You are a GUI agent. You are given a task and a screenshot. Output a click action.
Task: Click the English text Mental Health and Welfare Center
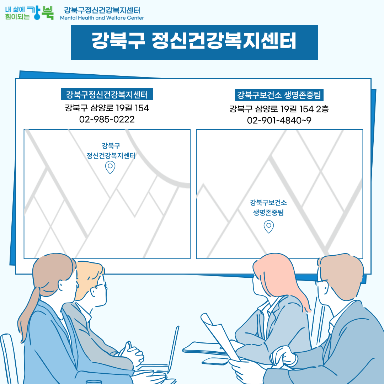point(102,18)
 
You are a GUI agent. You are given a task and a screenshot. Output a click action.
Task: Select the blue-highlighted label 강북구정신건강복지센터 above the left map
point(107,95)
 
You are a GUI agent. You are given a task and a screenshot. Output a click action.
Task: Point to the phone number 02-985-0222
point(107,119)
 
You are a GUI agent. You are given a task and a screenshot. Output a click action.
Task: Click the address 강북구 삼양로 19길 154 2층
point(279,108)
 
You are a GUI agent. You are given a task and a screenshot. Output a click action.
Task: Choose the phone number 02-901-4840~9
point(279,121)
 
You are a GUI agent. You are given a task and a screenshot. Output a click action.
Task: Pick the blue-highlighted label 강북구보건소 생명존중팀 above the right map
point(279,95)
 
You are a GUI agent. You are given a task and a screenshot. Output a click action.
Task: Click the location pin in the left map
point(110,167)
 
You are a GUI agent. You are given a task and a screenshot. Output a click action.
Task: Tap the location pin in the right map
point(269,226)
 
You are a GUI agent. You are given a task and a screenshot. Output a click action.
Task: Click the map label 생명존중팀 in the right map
point(268,213)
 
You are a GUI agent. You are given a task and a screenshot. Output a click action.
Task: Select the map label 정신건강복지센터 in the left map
point(111,155)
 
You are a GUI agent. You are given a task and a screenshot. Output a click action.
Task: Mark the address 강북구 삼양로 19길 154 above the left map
point(107,107)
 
